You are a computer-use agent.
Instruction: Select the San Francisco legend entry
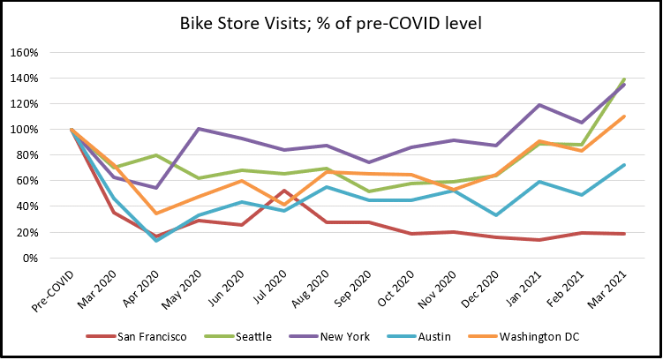(137, 337)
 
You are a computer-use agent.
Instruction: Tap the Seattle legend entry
(238, 337)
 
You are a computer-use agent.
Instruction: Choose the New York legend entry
(329, 337)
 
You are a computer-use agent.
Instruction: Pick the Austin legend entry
(419, 337)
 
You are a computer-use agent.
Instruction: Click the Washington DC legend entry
(524, 337)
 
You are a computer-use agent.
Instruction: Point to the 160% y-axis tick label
(25, 53)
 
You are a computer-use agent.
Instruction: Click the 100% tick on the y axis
(25, 130)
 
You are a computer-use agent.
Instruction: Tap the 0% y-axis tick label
(30, 259)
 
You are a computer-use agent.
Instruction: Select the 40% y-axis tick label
(27, 206)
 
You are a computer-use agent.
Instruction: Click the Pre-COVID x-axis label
(53, 291)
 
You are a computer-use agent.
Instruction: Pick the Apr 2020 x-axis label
(140, 289)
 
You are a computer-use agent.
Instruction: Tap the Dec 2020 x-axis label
(479, 289)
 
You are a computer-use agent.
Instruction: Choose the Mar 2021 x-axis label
(607, 289)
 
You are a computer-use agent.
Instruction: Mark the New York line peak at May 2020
(199, 129)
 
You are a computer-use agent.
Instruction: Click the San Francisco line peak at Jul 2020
(283, 191)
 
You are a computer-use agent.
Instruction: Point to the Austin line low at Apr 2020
(156, 240)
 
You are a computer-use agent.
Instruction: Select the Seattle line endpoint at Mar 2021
(623, 80)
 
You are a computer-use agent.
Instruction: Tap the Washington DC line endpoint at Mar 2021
(623, 116)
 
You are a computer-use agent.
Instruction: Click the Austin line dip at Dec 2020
(496, 215)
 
